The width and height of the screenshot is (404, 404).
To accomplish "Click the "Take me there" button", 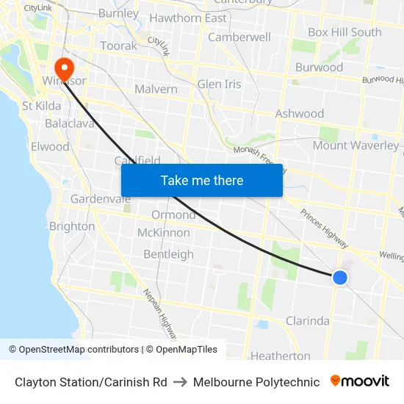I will click(202, 180).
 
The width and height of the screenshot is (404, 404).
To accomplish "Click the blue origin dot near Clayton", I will click(339, 277).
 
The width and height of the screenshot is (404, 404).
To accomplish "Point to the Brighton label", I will click(71, 226).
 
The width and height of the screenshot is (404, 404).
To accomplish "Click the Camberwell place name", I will click(239, 37).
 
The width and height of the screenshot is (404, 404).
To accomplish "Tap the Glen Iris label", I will click(219, 84).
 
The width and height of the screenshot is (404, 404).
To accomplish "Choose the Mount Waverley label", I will click(356, 145).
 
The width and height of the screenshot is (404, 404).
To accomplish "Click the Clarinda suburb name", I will click(307, 321).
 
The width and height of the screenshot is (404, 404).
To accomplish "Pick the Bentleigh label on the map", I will click(168, 254).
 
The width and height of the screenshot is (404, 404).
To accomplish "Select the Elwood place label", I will click(50, 146).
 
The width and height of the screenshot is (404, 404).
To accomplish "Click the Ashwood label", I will click(299, 114).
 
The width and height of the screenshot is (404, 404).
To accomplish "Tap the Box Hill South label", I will click(345, 32).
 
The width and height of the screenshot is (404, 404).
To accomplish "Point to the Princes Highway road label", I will click(324, 228).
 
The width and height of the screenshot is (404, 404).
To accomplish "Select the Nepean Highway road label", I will click(159, 314).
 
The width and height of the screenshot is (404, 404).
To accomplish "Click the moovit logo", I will click(359, 381).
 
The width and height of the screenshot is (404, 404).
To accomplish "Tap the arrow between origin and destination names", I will click(180, 382).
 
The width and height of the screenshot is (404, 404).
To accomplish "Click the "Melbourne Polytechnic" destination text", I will click(256, 382).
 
